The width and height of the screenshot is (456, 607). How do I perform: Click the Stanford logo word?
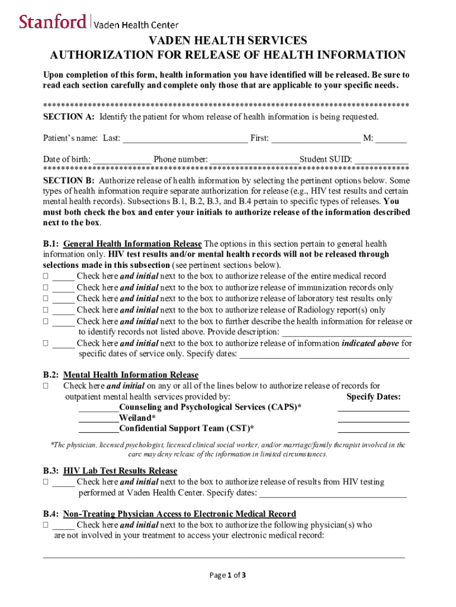point(52,22)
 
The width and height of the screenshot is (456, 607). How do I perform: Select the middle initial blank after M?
point(391,139)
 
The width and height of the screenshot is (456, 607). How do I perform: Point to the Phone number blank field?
point(254,159)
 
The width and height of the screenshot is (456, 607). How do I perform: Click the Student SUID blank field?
point(382,159)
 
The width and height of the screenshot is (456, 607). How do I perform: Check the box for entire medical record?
point(46,276)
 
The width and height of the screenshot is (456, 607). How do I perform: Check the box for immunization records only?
point(46,287)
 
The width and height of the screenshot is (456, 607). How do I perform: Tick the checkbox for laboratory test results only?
point(46,299)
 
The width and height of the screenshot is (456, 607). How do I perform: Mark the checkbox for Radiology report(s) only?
point(46,310)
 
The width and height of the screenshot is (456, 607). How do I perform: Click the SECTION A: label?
point(68,117)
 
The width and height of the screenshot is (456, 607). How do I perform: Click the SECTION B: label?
point(68,180)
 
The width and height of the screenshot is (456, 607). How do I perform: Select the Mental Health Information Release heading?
point(130,375)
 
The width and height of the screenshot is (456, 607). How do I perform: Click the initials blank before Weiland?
point(98,418)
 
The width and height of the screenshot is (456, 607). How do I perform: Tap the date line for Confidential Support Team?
point(373,429)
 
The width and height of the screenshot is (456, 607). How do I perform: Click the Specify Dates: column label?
point(373,397)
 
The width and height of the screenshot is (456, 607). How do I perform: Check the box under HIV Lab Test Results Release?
point(46,482)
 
